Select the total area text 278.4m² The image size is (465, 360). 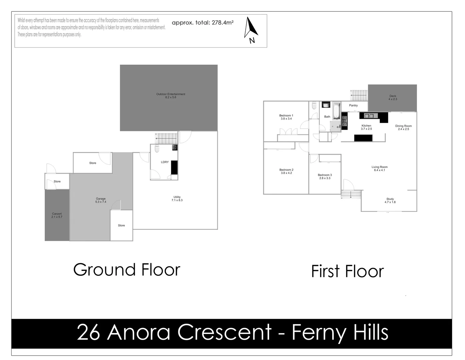[202, 23]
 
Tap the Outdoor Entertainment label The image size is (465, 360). [171, 96]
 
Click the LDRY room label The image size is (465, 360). [165, 162]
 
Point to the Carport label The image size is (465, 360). [57, 215]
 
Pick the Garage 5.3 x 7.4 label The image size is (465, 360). [101, 200]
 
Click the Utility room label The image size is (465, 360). [177, 199]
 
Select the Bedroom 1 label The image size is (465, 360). [286, 117]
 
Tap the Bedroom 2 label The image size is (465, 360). [286, 171]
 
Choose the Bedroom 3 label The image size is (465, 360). [325, 177]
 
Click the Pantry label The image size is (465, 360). [353, 105]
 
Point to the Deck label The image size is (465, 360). [393, 97]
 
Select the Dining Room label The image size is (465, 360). [403, 127]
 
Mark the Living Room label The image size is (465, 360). [379, 168]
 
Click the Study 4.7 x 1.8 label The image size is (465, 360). [390, 200]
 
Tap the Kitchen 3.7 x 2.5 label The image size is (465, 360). [366, 127]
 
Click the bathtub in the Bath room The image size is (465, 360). [336, 111]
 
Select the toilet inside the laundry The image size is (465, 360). [157, 148]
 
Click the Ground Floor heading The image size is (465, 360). [127, 270]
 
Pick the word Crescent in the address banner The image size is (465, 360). [224, 332]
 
